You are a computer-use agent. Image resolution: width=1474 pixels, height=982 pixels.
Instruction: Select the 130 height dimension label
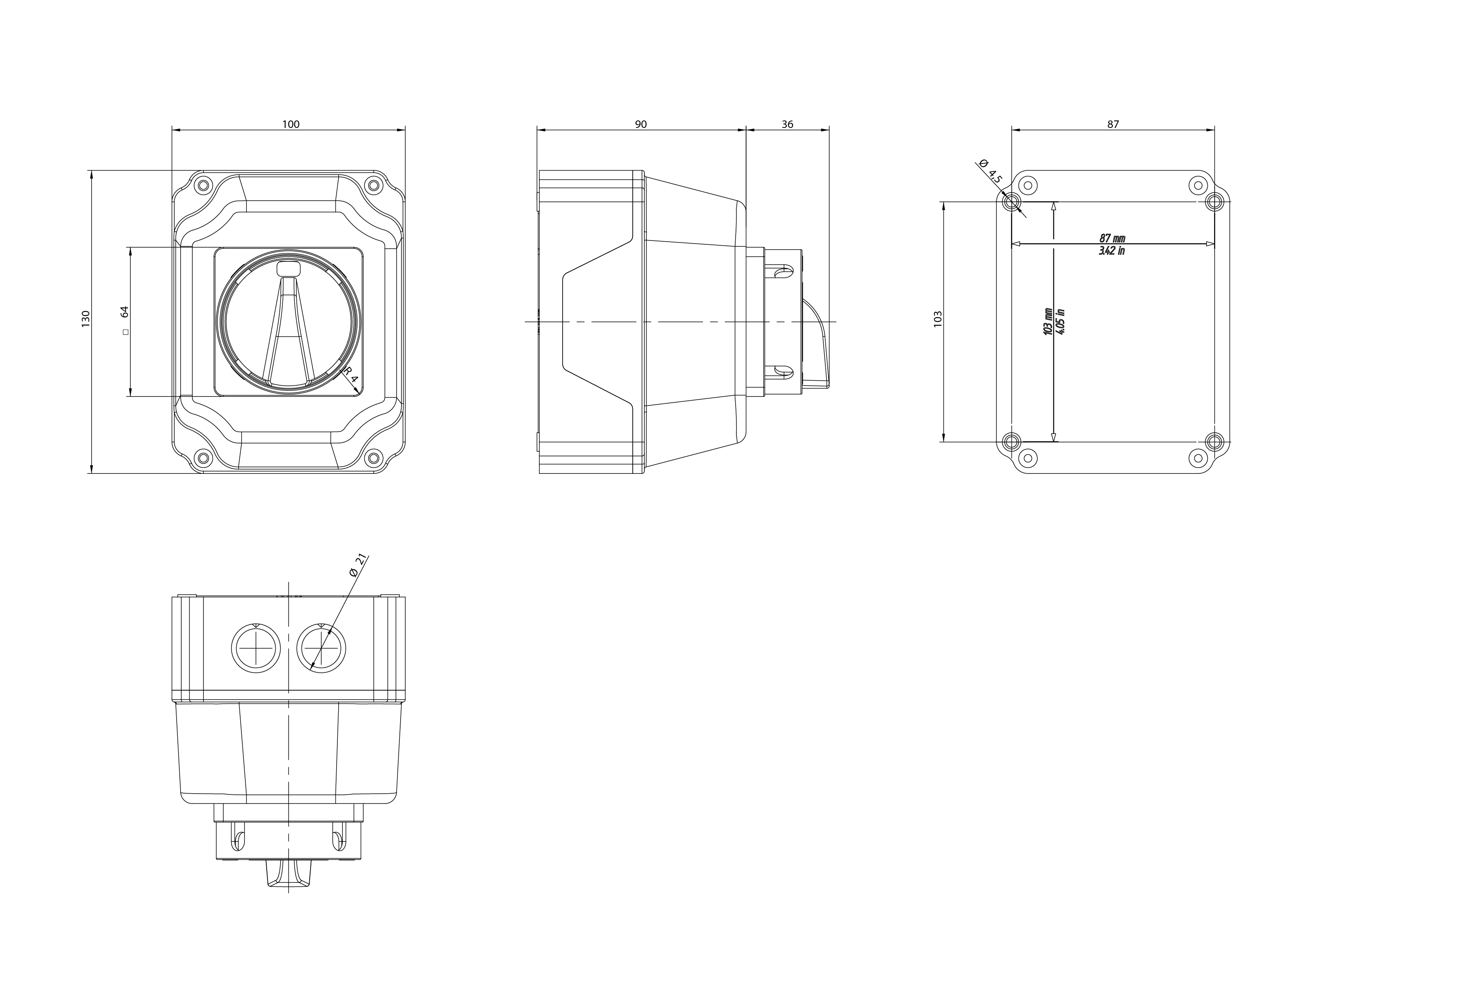pos(86,318)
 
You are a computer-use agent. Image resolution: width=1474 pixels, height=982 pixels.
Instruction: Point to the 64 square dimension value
pos(124,312)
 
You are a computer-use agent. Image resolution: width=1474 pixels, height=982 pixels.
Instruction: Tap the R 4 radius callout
pos(352,376)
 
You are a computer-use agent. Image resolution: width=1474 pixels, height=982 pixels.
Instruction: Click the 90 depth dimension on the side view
pos(640,124)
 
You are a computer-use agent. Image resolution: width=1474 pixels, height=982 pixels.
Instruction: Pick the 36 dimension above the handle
pos(787,124)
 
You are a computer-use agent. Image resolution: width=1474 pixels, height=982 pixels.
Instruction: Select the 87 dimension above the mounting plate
pos(1113,124)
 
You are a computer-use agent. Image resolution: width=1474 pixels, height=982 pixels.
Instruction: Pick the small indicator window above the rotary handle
pos(288,269)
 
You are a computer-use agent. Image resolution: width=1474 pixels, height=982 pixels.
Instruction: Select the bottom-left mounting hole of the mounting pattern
pos(1011,441)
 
